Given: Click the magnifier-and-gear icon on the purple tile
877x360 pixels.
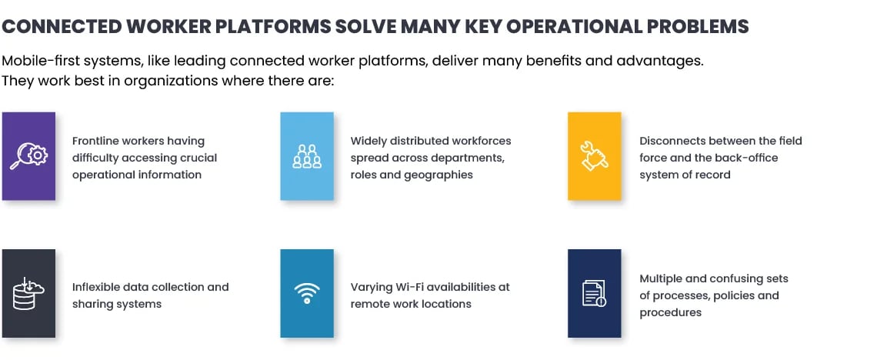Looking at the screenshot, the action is pos(29,156).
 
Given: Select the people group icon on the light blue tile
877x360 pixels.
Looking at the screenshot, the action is pos(307,156).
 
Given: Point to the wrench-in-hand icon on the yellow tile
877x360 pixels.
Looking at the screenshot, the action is pos(594,156).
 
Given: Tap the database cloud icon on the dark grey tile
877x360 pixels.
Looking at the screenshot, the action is pos(28,293).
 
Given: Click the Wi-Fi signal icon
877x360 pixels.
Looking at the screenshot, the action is pos(307,293).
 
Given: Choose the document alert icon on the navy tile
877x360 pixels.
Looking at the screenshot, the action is pos(594,294).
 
